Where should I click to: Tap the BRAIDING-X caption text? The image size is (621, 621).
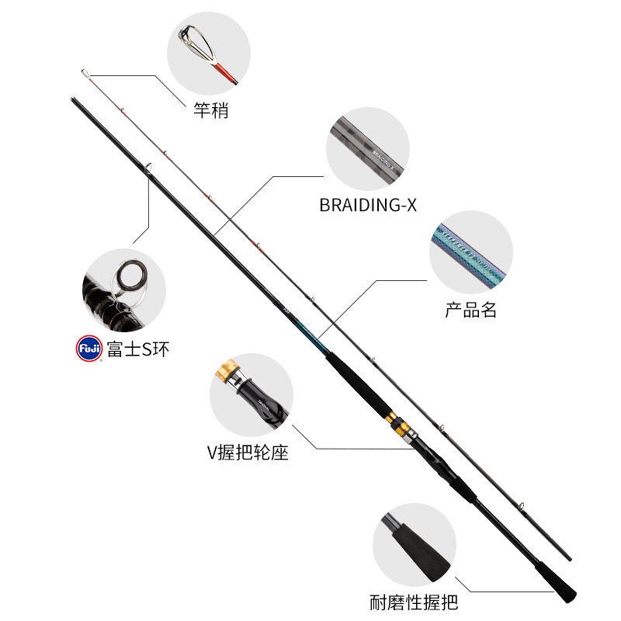pos(368,205)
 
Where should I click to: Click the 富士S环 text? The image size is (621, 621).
pos(137,349)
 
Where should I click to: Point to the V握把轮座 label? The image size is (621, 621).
pos(248,452)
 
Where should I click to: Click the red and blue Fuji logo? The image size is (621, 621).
pos(89,349)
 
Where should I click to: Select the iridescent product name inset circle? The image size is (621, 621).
pos(470,252)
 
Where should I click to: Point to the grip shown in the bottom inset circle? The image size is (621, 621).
pos(413,546)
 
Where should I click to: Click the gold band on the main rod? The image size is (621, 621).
pos(397,423)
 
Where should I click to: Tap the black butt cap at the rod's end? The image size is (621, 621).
pos(564,592)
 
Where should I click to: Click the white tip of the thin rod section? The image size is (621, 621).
pos(83,73)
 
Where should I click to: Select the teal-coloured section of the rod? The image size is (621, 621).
pos(310,334)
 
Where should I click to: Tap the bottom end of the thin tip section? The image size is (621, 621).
pos(569,557)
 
